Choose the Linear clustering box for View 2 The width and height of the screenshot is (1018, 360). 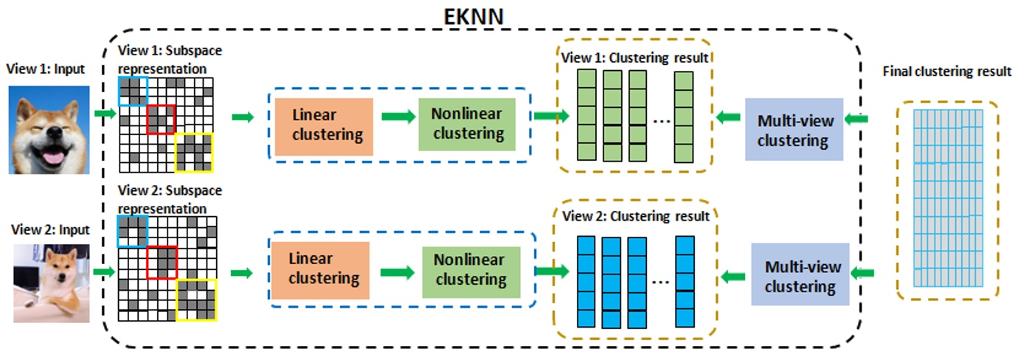pyautogui.click(x=325, y=269)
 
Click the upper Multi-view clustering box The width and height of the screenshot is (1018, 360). pyautogui.click(x=794, y=130)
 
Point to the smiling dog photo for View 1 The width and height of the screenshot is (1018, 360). pyautogui.click(x=49, y=130)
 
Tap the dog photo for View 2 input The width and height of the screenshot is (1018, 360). pyautogui.click(x=52, y=283)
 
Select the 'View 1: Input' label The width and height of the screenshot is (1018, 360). pyautogui.click(x=46, y=69)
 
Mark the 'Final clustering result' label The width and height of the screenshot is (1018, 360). pyautogui.click(x=946, y=72)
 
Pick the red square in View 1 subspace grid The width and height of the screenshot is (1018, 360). pyautogui.click(x=160, y=119)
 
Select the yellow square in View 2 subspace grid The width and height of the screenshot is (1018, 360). pyautogui.click(x=195, y=300)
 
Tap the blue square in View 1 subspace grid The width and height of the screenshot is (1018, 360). pyautogui.click(x=133, y=90)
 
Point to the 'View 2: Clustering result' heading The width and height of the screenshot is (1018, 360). pyautogui.click(x=635, y=217)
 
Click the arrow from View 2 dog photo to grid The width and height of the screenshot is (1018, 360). pyautogui.click(x=105, y=273)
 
